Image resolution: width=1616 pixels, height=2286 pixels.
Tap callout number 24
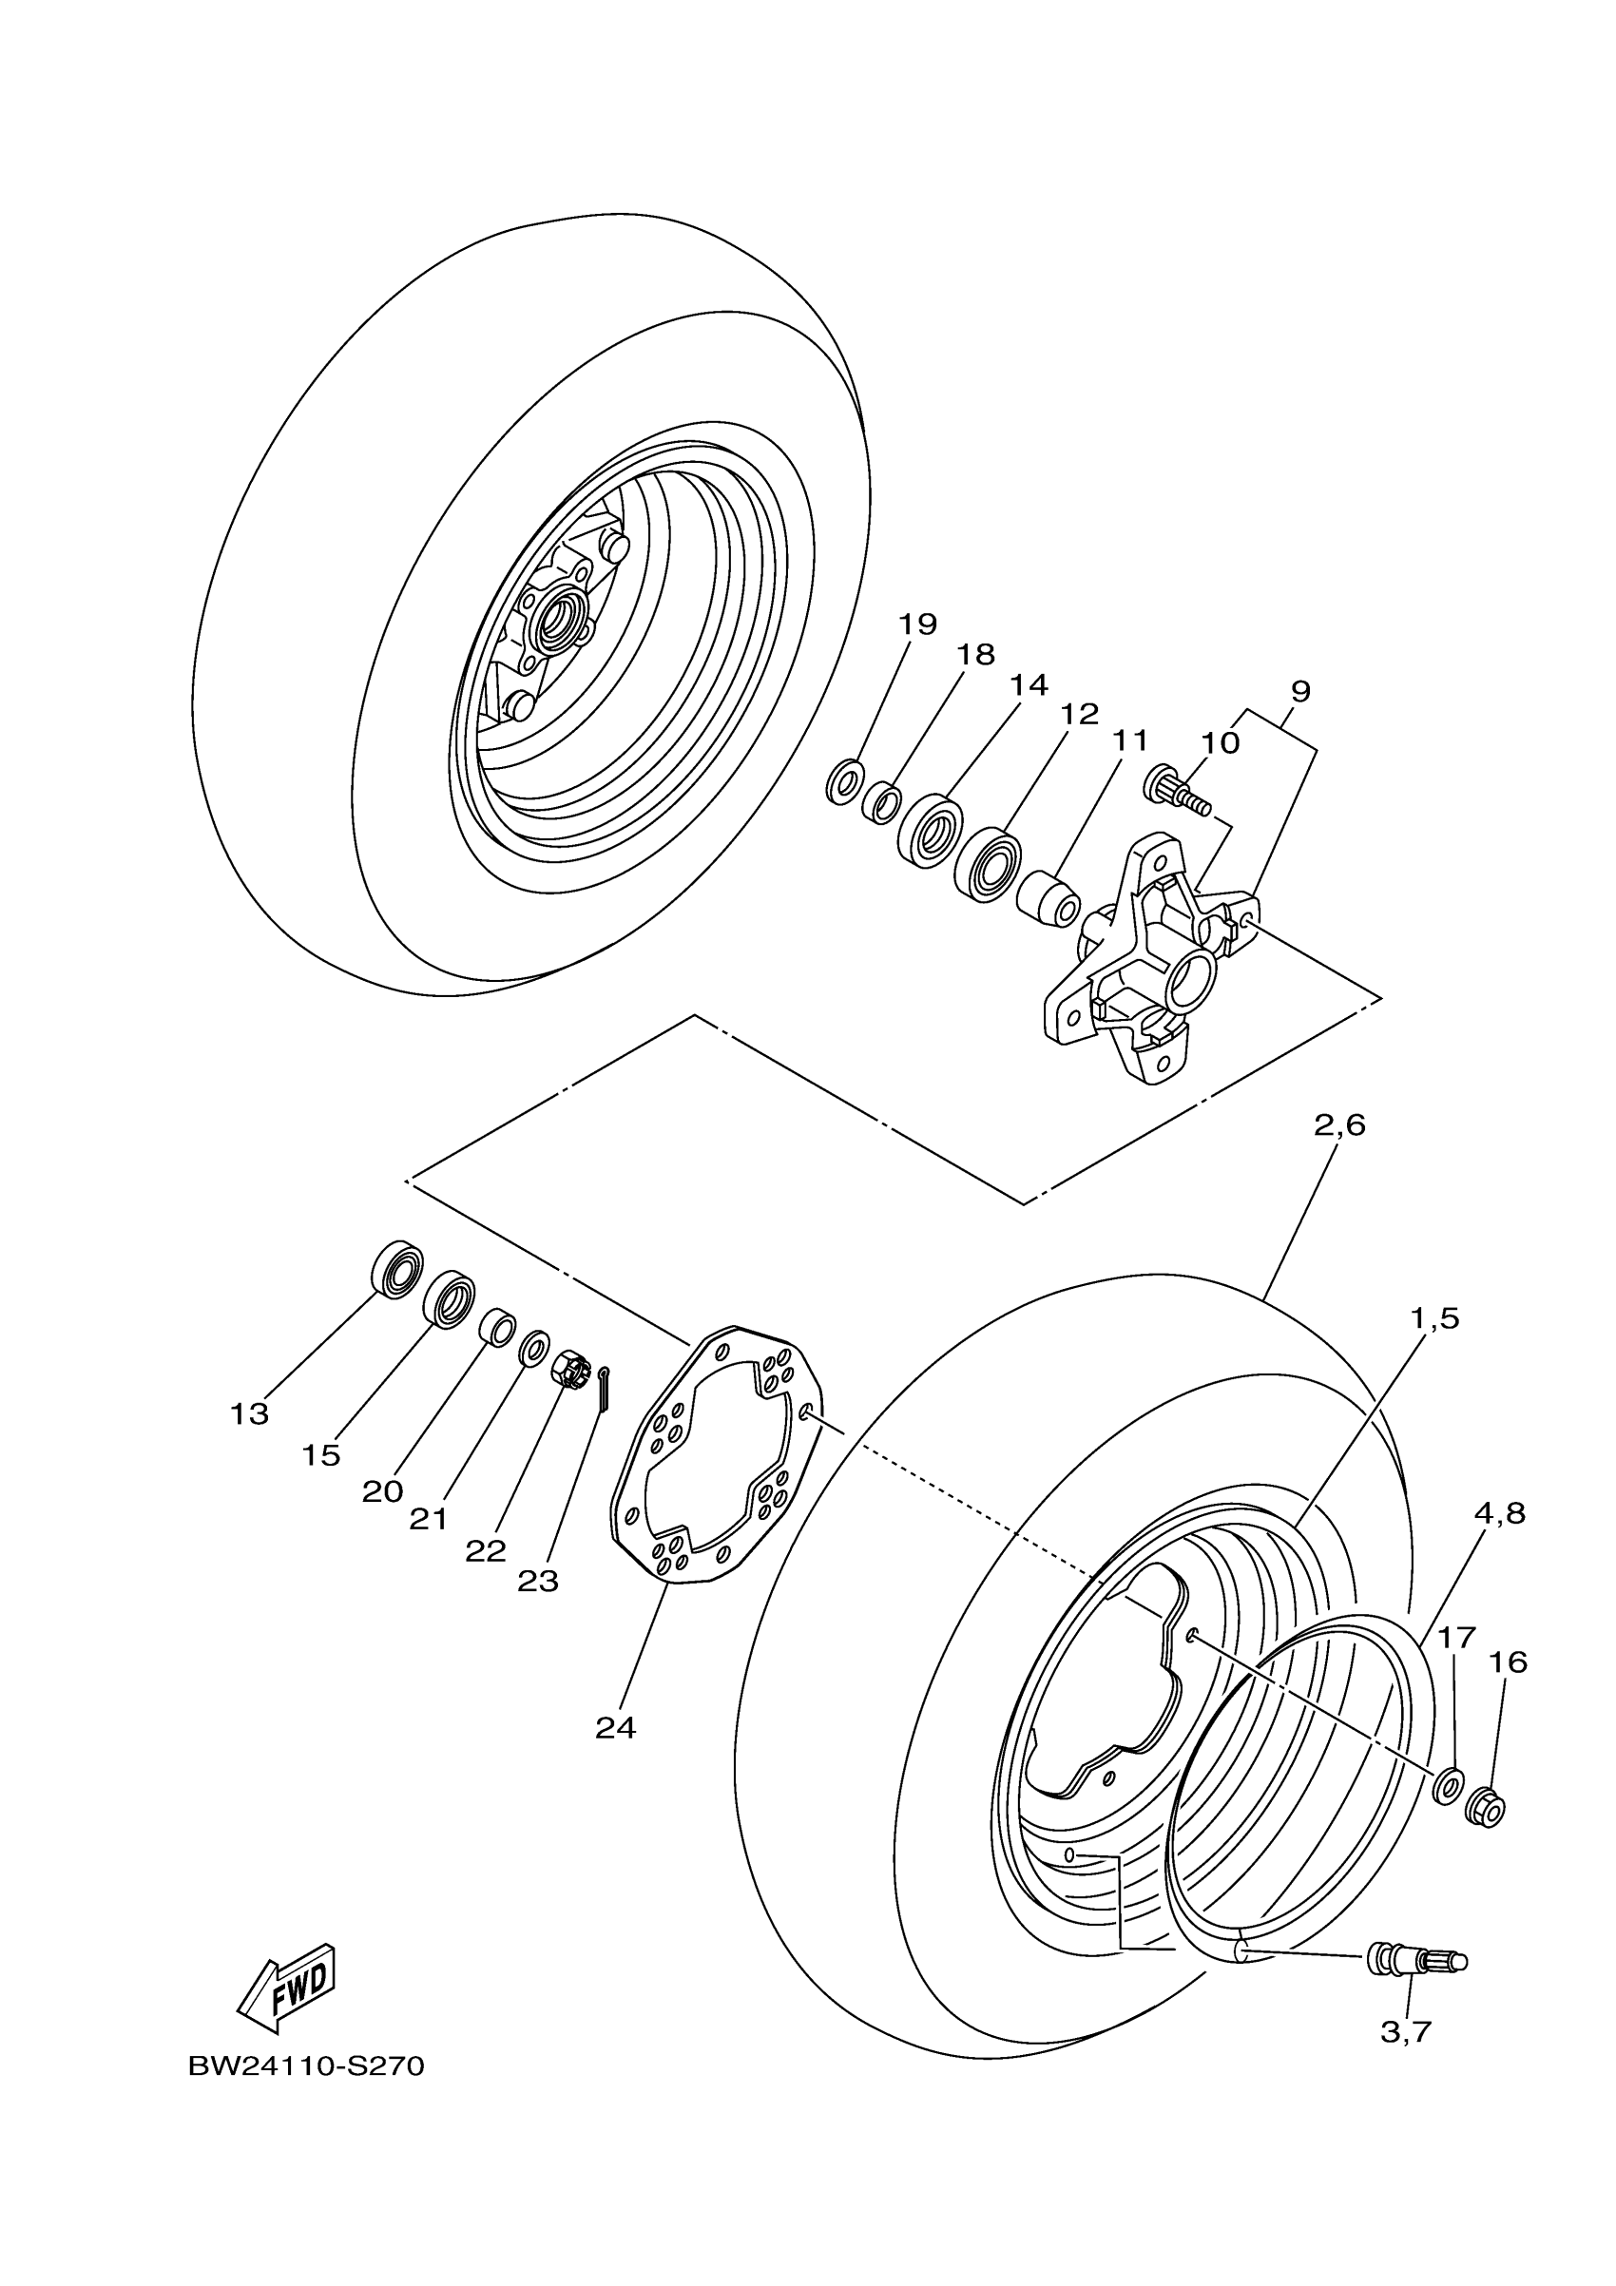[x=615, y=1728]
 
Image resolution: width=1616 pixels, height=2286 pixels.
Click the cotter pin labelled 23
[x=605, y=1387]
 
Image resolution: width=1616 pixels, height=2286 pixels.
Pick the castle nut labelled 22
[x=569, y=1367]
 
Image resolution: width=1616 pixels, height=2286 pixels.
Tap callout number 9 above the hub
[x=1299, y=691]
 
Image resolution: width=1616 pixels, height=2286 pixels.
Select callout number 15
[x=320, y=1455]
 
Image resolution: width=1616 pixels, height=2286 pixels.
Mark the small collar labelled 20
[x=497, y=1328]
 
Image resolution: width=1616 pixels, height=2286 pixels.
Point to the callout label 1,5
[x=1433, y=1318]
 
